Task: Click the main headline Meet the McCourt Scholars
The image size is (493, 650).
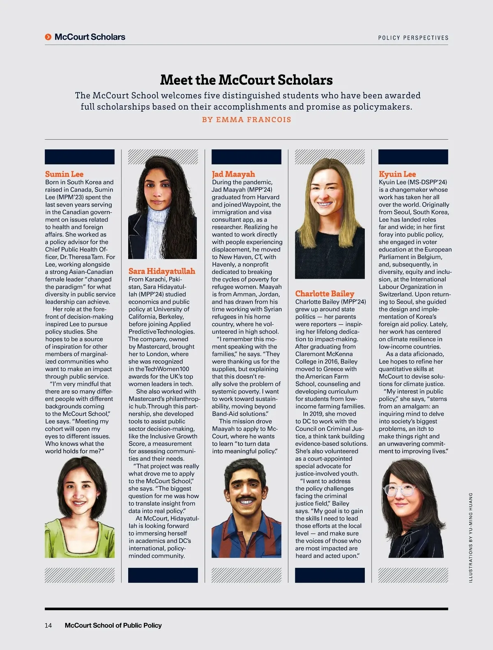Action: [246, 80]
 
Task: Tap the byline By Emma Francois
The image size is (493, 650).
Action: [246, 120]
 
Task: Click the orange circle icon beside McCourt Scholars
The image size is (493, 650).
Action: [48, 37]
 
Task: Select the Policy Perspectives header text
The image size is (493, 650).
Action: [413, 38]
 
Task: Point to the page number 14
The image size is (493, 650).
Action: [48, 625]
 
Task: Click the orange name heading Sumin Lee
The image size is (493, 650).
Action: [64, 174]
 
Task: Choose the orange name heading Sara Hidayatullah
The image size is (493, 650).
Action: [161, 271]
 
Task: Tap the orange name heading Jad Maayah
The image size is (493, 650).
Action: [233, 174]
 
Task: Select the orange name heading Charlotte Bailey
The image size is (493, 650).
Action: [325, 294]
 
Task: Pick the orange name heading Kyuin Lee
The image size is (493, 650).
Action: [397, 174]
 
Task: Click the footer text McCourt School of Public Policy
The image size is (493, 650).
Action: [113, 625]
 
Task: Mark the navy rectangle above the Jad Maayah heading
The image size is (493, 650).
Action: [246, 157]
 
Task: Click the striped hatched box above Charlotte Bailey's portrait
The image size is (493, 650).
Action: [330, 157]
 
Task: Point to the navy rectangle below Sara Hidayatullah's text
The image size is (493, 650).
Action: [163, 575]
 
